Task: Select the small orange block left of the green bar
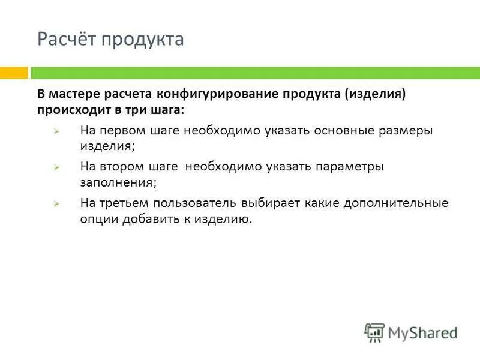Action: pyautogui.click(x=14, y=73)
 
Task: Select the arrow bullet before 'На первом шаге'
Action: pyautogui.click(x=55, y=131)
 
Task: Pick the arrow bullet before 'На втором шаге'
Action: pyautogui.click(x=55, y=167)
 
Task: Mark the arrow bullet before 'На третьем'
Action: pyautogui.click(x=55, y=204)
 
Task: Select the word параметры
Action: pyautogui.click(x=352, y=167)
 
